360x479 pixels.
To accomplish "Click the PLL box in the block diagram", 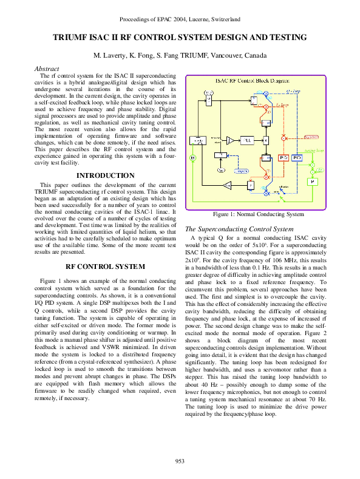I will (x=247, y=140).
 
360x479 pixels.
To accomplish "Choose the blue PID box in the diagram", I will (x=297, y=158).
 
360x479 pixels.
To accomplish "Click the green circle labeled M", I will (x=192, y=158).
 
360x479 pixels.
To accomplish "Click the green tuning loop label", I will (x=314, y=149).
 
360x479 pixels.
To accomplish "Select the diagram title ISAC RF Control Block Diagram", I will (x=253, y=80).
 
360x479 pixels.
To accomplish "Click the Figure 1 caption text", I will (x=258, y=214).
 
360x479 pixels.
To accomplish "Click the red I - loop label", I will (x=282, y=105).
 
